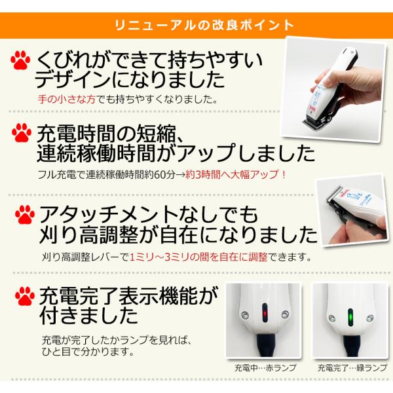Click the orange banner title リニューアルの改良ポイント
point(204,25)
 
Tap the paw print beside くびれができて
point(20,60)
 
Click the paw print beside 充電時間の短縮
point(22,133)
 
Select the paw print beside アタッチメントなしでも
point(25,215)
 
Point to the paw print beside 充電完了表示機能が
point(25,296)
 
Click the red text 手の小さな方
point(67,100)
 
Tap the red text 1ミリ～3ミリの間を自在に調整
point(198,257)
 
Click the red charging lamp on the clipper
point(265,313)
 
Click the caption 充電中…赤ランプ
point(265,367)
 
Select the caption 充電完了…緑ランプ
point(352,367)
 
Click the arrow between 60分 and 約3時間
point(180,175)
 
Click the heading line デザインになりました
point(130,80)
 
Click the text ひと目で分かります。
point(88,352)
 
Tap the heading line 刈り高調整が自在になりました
point(178,234)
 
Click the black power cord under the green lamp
point(351,346)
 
